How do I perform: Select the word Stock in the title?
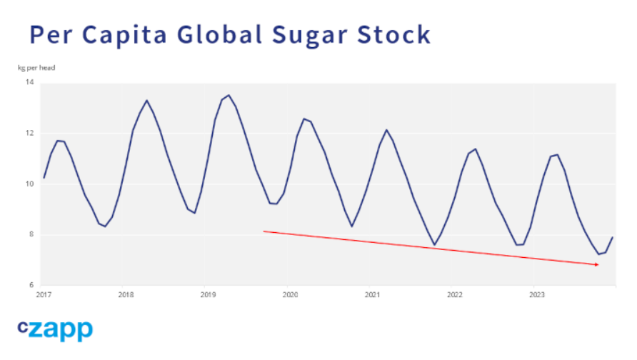[x=395, y=34]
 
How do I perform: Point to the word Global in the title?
[x=221, y=34]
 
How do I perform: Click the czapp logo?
[x=55, y=329]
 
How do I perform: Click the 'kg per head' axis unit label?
[x=36, y=68]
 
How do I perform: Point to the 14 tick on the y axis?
[x=30, y=83]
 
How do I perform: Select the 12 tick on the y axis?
[x=30, y=134]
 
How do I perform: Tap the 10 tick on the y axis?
[x=30, y=184]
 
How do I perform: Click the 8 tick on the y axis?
[x=31, y=235]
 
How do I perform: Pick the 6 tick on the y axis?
[x=31, y=285]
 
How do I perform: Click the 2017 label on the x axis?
[x=44, y=294]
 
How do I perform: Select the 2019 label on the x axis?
[x=208, y=294]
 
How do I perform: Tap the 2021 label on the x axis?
[x=372, y=294]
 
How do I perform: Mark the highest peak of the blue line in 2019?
[x=229, y=95]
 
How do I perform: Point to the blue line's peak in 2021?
[x=386, y=130]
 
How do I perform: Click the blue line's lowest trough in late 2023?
[x=598, y=254]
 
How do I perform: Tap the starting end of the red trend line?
[x=264, y=231]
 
